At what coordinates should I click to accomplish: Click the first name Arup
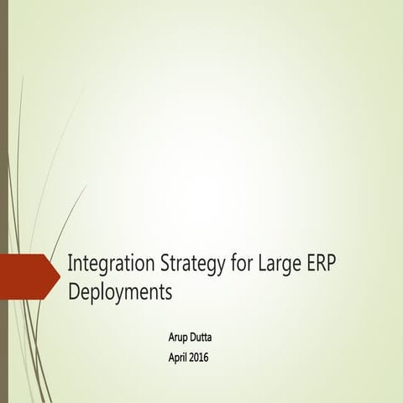tap(181, 338)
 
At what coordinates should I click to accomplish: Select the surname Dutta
tap(209, 338)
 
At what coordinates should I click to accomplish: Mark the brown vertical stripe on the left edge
tap(4, 201)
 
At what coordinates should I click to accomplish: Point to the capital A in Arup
tap(173, 338)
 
